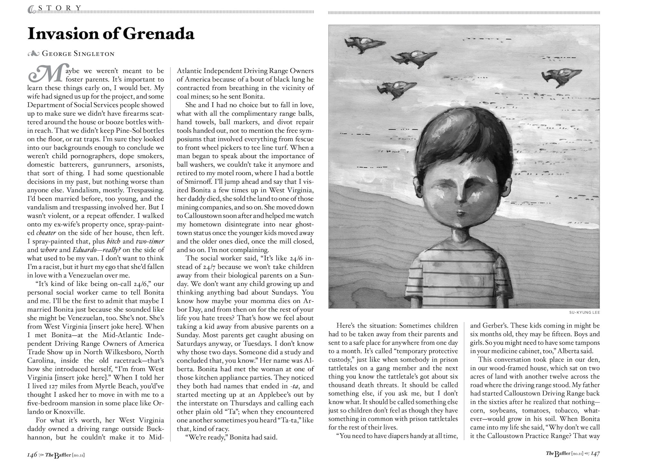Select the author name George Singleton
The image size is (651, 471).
pos(78,54)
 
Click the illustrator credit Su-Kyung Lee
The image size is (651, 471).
pos(584,312)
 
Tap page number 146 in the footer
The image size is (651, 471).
pos(32,455)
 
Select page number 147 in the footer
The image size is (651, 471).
pos(595,454)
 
